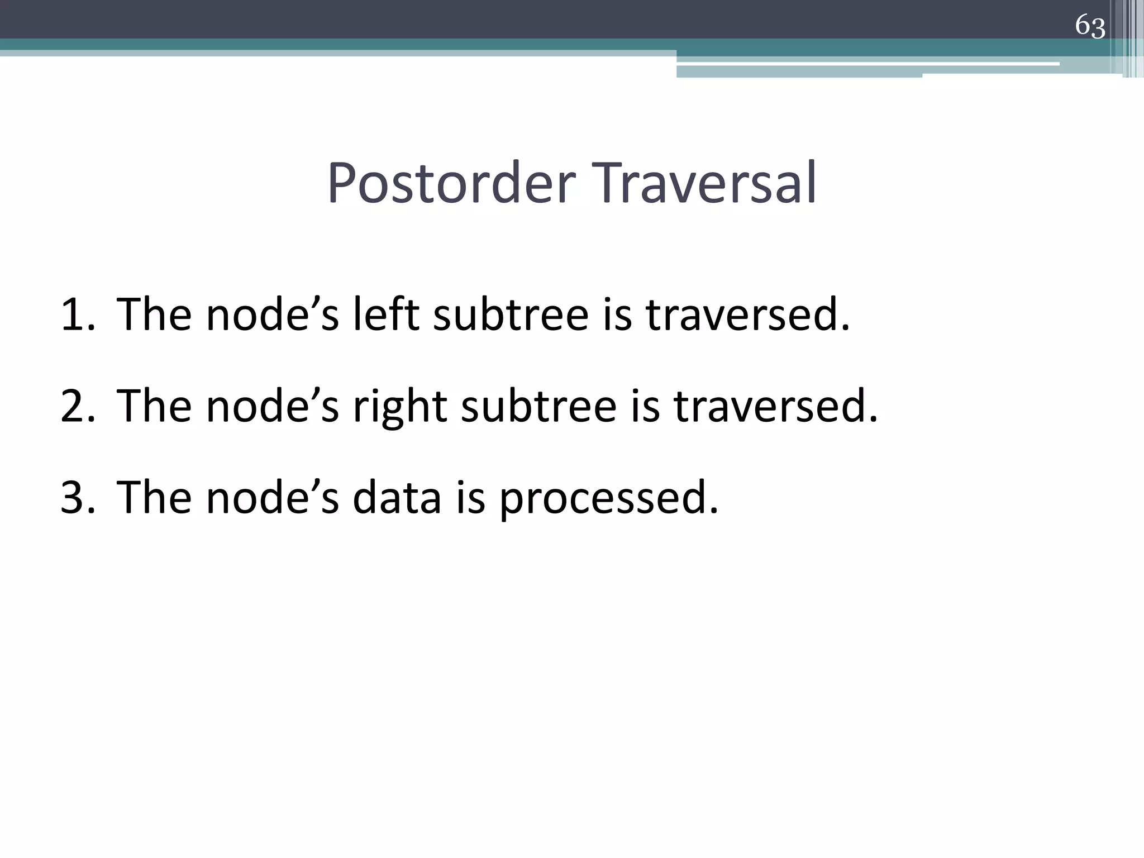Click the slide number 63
point(1090,26)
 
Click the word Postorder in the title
point(451,183)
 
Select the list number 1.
point(78,314)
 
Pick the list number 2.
point(78,406)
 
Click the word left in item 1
point(386,314)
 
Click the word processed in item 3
point(608,499)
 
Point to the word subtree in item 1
point(511,314)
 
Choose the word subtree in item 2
point(538,406)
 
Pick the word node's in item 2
point(273,406)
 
